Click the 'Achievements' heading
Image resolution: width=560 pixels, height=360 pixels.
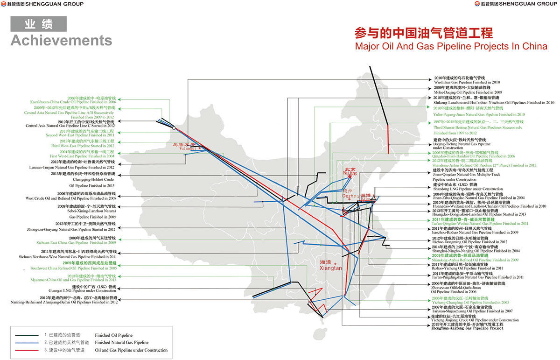click(x=61, y=41)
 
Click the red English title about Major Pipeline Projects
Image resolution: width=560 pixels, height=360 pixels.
click(x=451, y=46)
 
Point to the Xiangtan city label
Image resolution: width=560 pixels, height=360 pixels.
click(x=331, y=268)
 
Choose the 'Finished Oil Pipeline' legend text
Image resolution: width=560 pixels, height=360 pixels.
click(x=113, y=335)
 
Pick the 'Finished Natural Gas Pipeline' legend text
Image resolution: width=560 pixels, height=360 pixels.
click(x=121, y=343)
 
